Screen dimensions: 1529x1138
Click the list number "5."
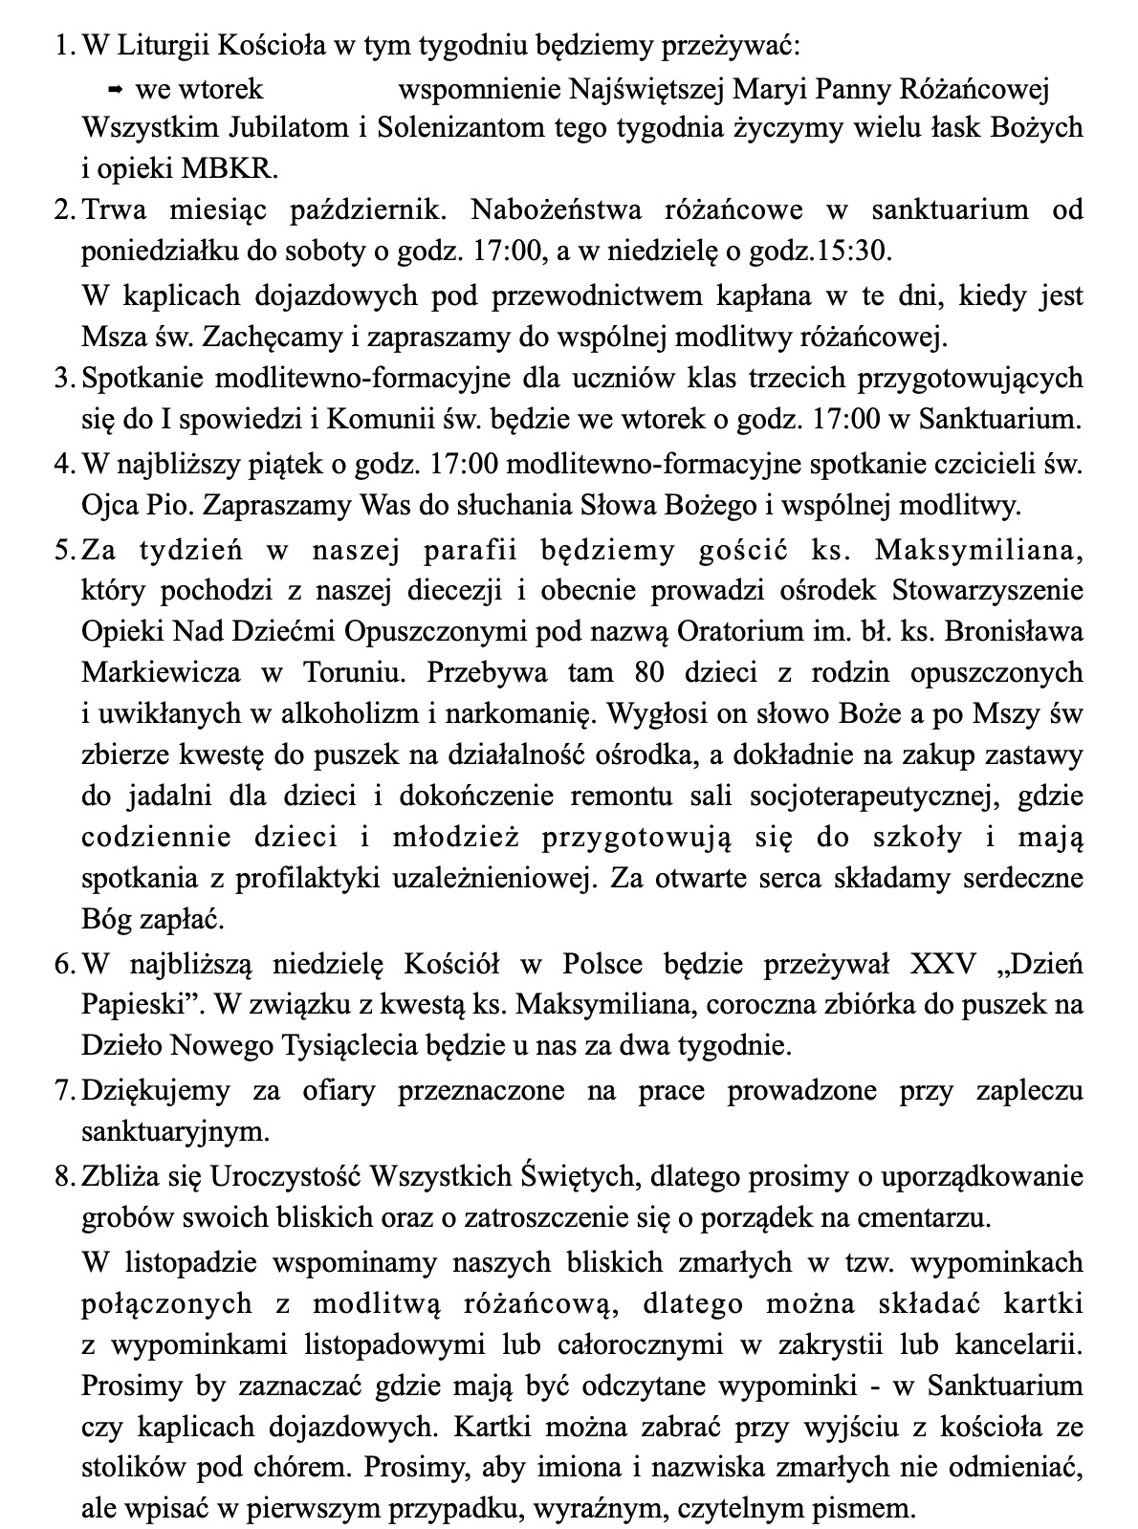(x=64, y=550)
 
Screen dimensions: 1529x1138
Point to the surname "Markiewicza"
(x=162, y=672)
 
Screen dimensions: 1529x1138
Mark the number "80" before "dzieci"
(x=650, y=672)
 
